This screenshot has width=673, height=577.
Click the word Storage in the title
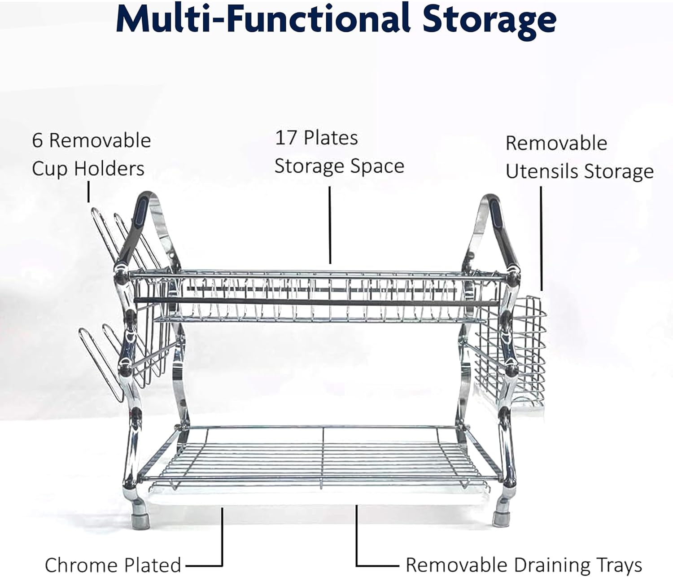(x=489, y=22)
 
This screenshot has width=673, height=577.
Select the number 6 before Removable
(x=37, y=141)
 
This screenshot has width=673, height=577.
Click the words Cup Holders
(x=88, y=169)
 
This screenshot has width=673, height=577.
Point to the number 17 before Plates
(x=285, y=138)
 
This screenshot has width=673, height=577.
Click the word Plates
(x=331, y=138)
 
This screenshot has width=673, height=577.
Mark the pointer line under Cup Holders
(x=88, y=192)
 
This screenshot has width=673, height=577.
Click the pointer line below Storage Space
(x=330, y=225)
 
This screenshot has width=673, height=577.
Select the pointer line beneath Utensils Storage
(x=541, y=238)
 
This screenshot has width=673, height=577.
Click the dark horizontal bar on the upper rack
(x=316, y=302)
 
